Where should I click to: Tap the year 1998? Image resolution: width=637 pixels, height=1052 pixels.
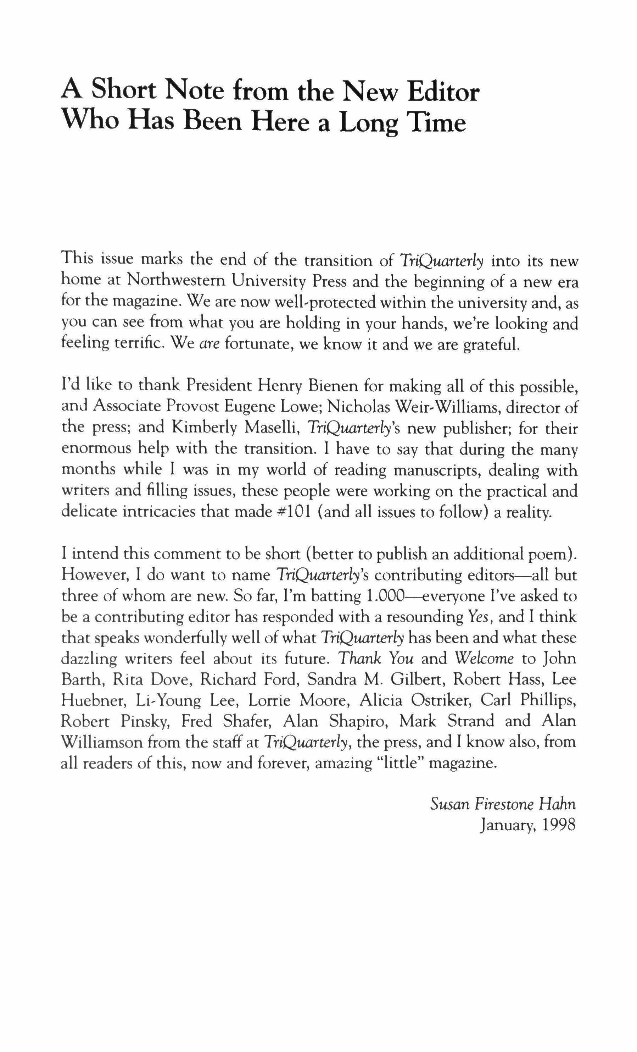(x=558, y=825)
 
